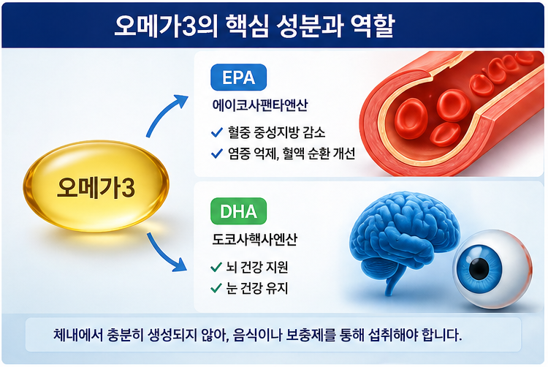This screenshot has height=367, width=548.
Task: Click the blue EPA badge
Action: pyautogui.click(x=238, y=77)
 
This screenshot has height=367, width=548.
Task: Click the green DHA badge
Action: pyautogui.click(x=238, y=213)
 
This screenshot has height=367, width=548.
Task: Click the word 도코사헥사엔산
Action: pyautogui.click(x=254, y=240)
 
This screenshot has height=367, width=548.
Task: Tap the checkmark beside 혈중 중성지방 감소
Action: pyautogui.click(x=216, y=132)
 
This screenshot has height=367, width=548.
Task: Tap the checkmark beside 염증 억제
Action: pyautogui.click(x=216, y=154)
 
